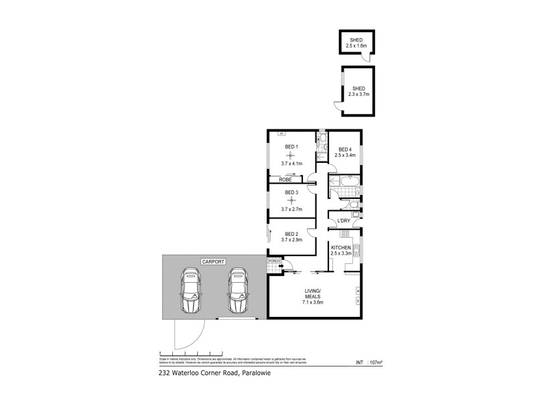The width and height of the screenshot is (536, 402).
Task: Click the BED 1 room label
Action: pos(291,147)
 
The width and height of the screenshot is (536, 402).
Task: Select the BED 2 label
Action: pos(291,233)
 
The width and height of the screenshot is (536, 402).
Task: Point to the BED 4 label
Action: pos(345,149)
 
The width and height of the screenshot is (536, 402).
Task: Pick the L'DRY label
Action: pos(344,221)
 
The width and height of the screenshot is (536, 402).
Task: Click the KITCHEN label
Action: pos(342,248)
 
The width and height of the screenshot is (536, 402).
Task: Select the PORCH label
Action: pos(273,261)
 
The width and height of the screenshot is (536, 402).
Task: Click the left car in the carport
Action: pos(192,291)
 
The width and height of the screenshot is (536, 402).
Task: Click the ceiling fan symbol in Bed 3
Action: pos(291,200)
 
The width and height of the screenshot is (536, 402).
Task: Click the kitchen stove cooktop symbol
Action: pos(356,254)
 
